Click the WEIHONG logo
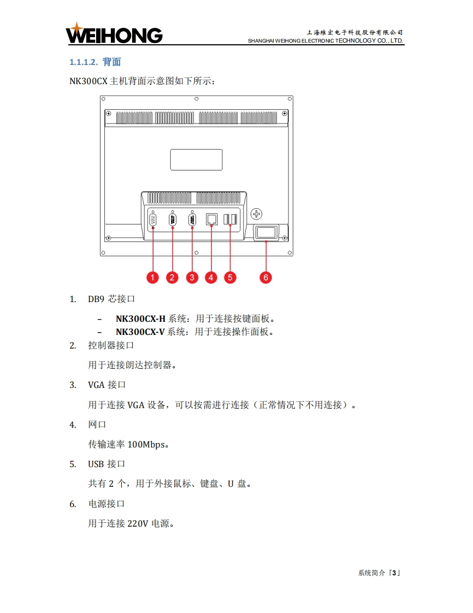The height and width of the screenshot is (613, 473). coord(114,34)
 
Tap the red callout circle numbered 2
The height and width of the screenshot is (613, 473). coord(173,277)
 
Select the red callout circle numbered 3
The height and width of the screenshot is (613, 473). coord(192,277)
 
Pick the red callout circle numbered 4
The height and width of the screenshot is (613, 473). coord(211,277)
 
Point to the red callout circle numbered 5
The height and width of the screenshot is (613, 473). coord(230,277)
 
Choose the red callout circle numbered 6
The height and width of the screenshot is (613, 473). coord(265,277)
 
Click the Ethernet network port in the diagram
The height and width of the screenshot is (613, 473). coord(211,220)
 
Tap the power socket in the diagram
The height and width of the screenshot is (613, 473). coord(266,233)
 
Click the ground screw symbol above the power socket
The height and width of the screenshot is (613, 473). coord(257,213)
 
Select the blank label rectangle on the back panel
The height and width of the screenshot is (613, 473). coord(197,160)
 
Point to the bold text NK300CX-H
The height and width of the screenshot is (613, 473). coord(140,319)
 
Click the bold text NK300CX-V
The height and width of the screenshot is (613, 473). coord(140,332)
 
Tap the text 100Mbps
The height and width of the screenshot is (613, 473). coord(146,444)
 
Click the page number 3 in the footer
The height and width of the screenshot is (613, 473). coord(394,573)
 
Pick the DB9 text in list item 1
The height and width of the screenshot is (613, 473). coord(96,299)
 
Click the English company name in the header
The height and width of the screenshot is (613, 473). coord(326,41)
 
